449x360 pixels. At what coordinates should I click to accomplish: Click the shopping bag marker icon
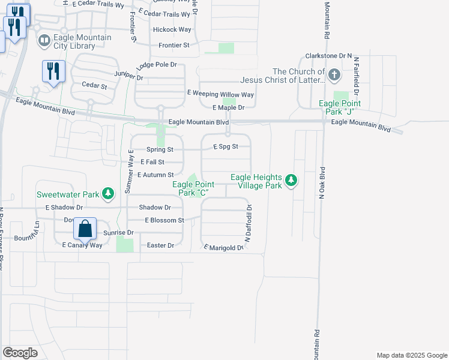[x=85, y=229]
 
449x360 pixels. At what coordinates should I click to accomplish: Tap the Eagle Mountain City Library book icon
[x=44, y=41]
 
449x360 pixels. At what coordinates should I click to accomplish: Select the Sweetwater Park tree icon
[x=108, y=193]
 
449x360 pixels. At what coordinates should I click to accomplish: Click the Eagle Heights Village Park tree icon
[x=291, y=180]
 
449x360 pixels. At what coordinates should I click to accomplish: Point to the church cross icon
[x=334, y=76]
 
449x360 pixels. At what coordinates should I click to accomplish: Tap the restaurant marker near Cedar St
[x=53, y=71]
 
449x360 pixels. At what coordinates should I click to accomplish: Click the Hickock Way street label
[x=172, y=29]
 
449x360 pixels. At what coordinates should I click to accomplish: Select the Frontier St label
[x=173, y=45]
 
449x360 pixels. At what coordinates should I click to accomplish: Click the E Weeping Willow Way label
[x=220, y=94]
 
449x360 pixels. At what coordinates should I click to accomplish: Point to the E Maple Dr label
[x=229, y=107]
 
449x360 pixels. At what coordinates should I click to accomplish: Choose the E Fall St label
[x=152, y=162]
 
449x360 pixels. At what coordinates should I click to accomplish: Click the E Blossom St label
[x=164, y=220]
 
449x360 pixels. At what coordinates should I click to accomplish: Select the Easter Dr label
[x=160, y=245]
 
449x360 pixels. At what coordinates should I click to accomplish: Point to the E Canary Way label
[x=82, y=245]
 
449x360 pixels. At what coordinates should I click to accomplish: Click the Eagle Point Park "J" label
[x=341, y=107]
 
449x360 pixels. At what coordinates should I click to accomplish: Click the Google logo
[x=20, y=353]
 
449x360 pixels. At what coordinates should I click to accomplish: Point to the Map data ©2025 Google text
[x=411, y=355]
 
